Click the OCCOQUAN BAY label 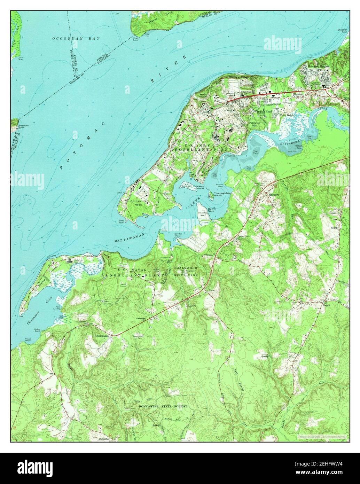tap(76, 38)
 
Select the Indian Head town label tap(264, 112)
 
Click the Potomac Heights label tap(318, 66)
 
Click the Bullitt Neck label tap(212, 210)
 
